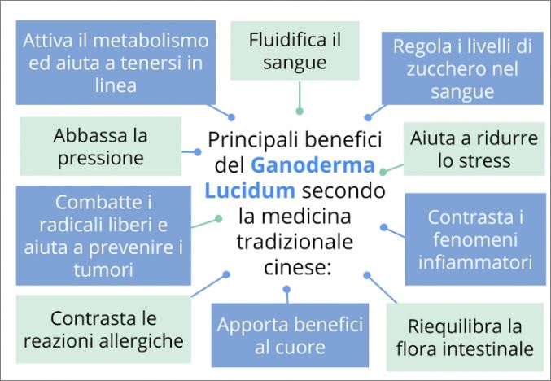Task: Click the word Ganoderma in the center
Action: pos(313,165)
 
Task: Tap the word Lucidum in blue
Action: pos(250,190)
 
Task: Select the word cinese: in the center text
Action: pos(298,268)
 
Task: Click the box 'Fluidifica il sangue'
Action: pos(295,50)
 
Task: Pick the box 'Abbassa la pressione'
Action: pos(100,147)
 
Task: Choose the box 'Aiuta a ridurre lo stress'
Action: pos(474,149)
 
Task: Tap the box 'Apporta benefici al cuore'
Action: pos(290,335)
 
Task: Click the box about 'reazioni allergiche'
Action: pos(103,329)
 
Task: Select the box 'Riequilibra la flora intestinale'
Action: pos(465,337)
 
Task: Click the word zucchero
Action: pos(439,69)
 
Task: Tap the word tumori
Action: pos(103,270)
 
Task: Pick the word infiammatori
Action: pos(475,263)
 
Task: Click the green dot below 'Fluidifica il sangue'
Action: pos(300,111)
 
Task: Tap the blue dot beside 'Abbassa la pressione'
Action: pos(198,152)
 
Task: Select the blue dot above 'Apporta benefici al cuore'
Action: pos(286,289)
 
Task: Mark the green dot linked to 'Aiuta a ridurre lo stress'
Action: pos(383,172)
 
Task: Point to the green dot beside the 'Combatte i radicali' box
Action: pos(218,219)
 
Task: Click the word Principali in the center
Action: pos(253,140)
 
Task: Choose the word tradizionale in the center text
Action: pos(295,242)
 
